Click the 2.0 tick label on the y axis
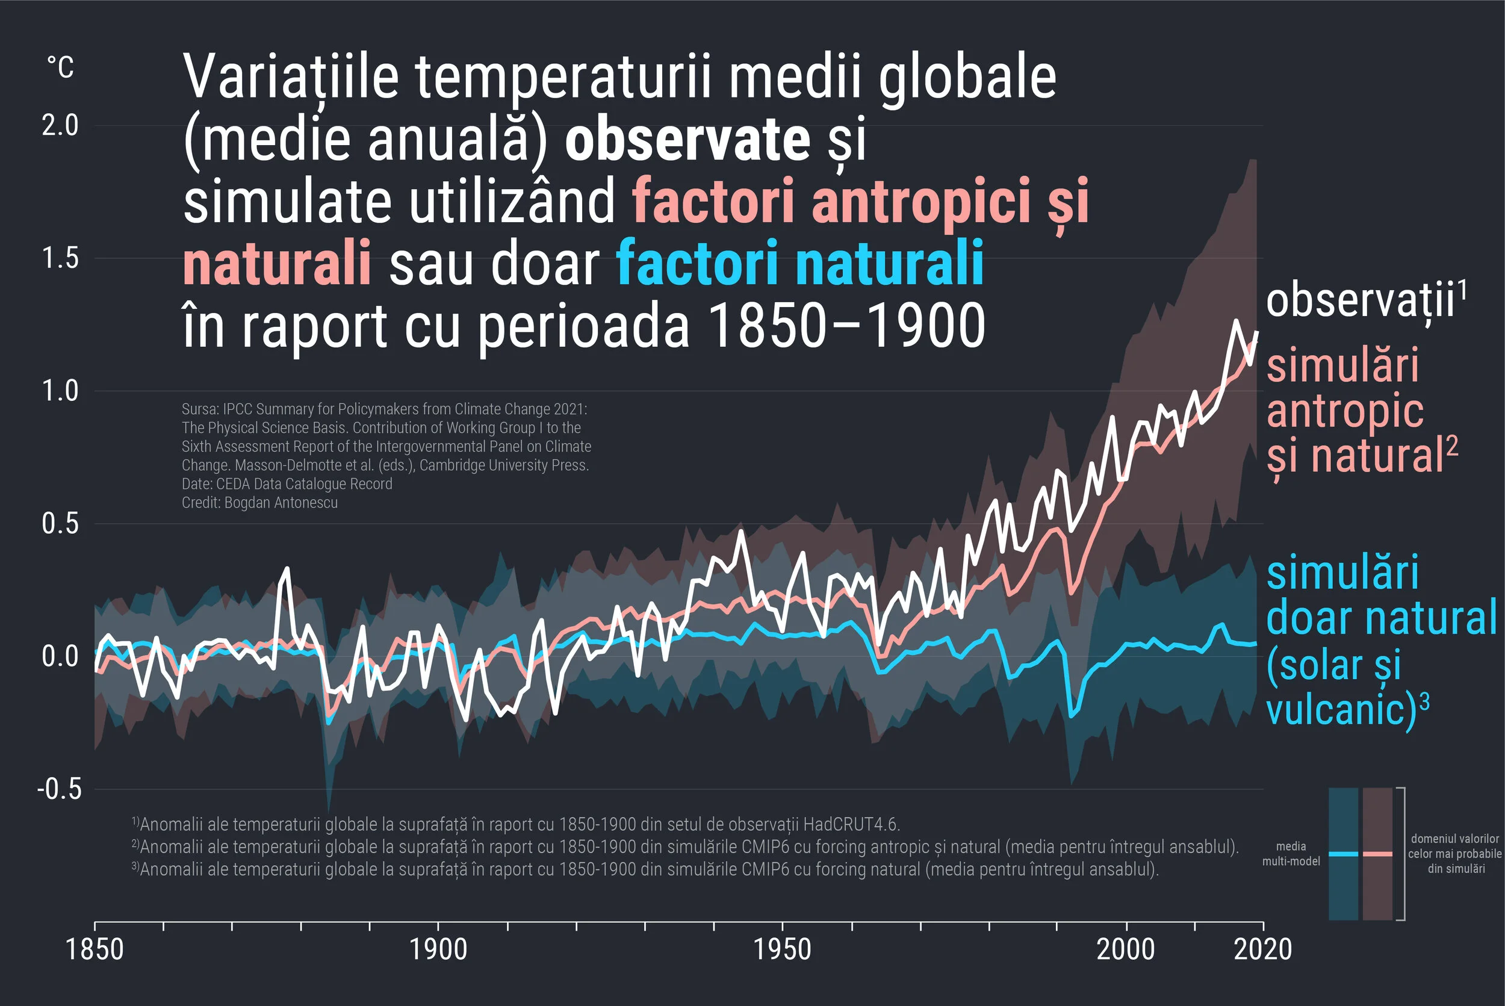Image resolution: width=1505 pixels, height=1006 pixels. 60,125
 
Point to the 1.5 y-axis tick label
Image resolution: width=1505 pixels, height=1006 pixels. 60,258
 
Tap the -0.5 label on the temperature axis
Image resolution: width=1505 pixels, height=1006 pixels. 59,789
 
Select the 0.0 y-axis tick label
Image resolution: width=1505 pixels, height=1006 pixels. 60,656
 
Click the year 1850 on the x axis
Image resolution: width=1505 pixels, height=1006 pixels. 95,949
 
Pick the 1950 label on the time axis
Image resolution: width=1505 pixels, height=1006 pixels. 782,949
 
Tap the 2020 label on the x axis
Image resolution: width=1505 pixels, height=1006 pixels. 1262,949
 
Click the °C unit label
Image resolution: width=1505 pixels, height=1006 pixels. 60,67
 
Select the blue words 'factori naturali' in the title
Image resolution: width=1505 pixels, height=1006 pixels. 799,263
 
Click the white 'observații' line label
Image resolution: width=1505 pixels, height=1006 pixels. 1360,300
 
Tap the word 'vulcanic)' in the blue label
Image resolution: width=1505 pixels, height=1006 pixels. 1341,710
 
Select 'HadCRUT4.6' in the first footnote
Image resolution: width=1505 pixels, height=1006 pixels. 851,824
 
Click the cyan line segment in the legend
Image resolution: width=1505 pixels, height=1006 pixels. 1342,854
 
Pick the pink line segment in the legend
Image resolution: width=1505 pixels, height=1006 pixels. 1377,854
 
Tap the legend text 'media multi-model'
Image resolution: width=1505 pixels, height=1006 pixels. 1291,854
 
